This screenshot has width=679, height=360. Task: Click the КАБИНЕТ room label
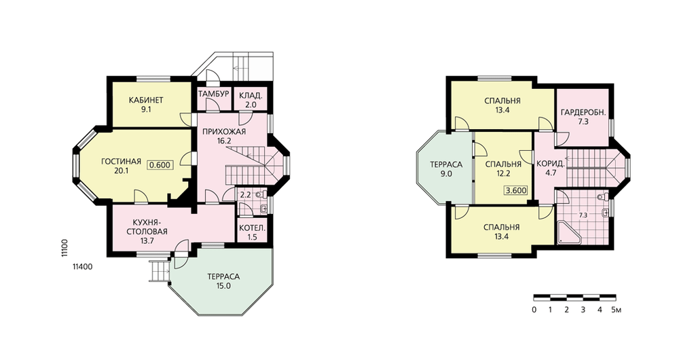[146, 101]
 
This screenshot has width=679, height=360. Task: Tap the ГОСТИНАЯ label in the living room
[122, 162]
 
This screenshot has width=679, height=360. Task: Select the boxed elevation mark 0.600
[160, 165]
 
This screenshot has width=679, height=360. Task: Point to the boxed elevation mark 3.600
[516, 190]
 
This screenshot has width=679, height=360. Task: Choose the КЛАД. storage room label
[251, 95]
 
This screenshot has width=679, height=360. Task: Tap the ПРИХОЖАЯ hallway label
[225, 132]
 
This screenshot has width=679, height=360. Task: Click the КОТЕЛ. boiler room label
[252, 228]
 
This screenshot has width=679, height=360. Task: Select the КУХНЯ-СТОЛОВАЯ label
[147, 227]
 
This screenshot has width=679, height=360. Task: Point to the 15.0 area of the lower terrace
[223, 286]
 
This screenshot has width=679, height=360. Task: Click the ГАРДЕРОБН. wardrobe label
[583, 113]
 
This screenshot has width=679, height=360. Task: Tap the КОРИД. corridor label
[551, 164]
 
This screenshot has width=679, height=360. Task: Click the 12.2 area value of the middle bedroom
[503, 174]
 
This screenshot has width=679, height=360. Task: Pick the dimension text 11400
[83, 267]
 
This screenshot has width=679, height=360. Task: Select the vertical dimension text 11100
[64, 248]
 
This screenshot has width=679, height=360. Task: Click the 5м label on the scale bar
[617, 310]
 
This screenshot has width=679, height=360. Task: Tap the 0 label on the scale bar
[534, 310]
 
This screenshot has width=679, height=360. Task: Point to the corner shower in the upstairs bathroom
[566, 232]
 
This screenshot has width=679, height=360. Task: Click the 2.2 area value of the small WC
[246, 195]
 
